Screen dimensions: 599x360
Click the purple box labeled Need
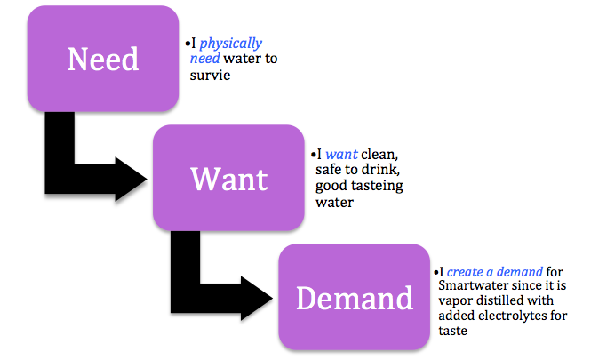(x=103, y=59)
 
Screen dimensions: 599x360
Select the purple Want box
(x=228, y=178)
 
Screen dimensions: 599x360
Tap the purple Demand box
(x=354, y=297)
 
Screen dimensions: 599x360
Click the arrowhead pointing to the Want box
(x=131, y=179)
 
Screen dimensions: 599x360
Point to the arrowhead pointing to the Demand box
(x=257, y=298)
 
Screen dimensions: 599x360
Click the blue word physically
(x=231, y=44)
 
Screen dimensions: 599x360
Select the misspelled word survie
(x=210, y=75)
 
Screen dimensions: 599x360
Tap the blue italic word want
(x=341, y=155)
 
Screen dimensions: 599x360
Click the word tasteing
(x=377, y=186)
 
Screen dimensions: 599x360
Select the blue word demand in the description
(x=520, y=272)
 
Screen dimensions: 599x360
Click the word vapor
(x=454, y=301)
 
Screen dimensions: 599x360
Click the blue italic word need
(x=204, y=59)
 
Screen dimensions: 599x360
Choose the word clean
(x=379, y=155)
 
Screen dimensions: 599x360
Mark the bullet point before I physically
(x=188, y=44)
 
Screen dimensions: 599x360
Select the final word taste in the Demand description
(x=452, y=331)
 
